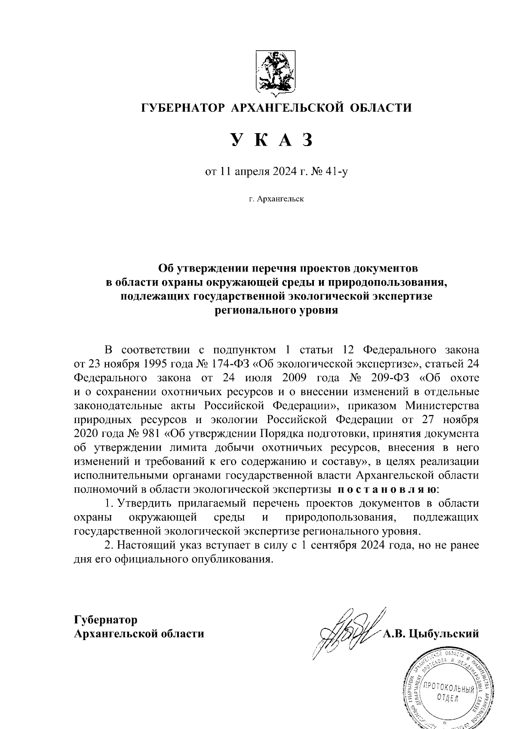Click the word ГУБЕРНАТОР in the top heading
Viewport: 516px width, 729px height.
(183, 107)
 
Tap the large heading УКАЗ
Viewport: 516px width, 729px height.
(270, 141)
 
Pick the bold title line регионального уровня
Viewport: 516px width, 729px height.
(276, 310)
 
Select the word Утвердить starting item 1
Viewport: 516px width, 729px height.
(143, 503)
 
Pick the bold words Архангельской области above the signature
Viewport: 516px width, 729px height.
(139, 634)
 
